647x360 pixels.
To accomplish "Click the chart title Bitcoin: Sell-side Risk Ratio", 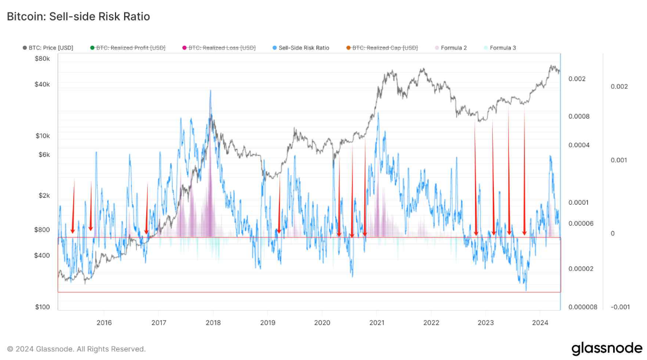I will tap(78, 17).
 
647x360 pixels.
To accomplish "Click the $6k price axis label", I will tap(43, 155).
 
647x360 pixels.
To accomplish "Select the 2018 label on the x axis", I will tap(213, 322).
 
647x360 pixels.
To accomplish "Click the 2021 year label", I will tap(377, 322).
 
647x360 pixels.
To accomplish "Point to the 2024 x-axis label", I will tap(540, 322).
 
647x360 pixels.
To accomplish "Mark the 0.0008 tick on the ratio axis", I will tap(579, 116).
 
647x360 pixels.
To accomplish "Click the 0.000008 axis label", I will tap(583, 307).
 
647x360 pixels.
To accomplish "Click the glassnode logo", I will tap(606, 348).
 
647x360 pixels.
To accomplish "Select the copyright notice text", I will tap(76, 349).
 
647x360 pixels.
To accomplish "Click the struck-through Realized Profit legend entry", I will tap(131, 48).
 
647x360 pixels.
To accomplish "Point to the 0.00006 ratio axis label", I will tap(581, 224).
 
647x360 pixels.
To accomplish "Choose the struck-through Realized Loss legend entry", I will tap(221, 48).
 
